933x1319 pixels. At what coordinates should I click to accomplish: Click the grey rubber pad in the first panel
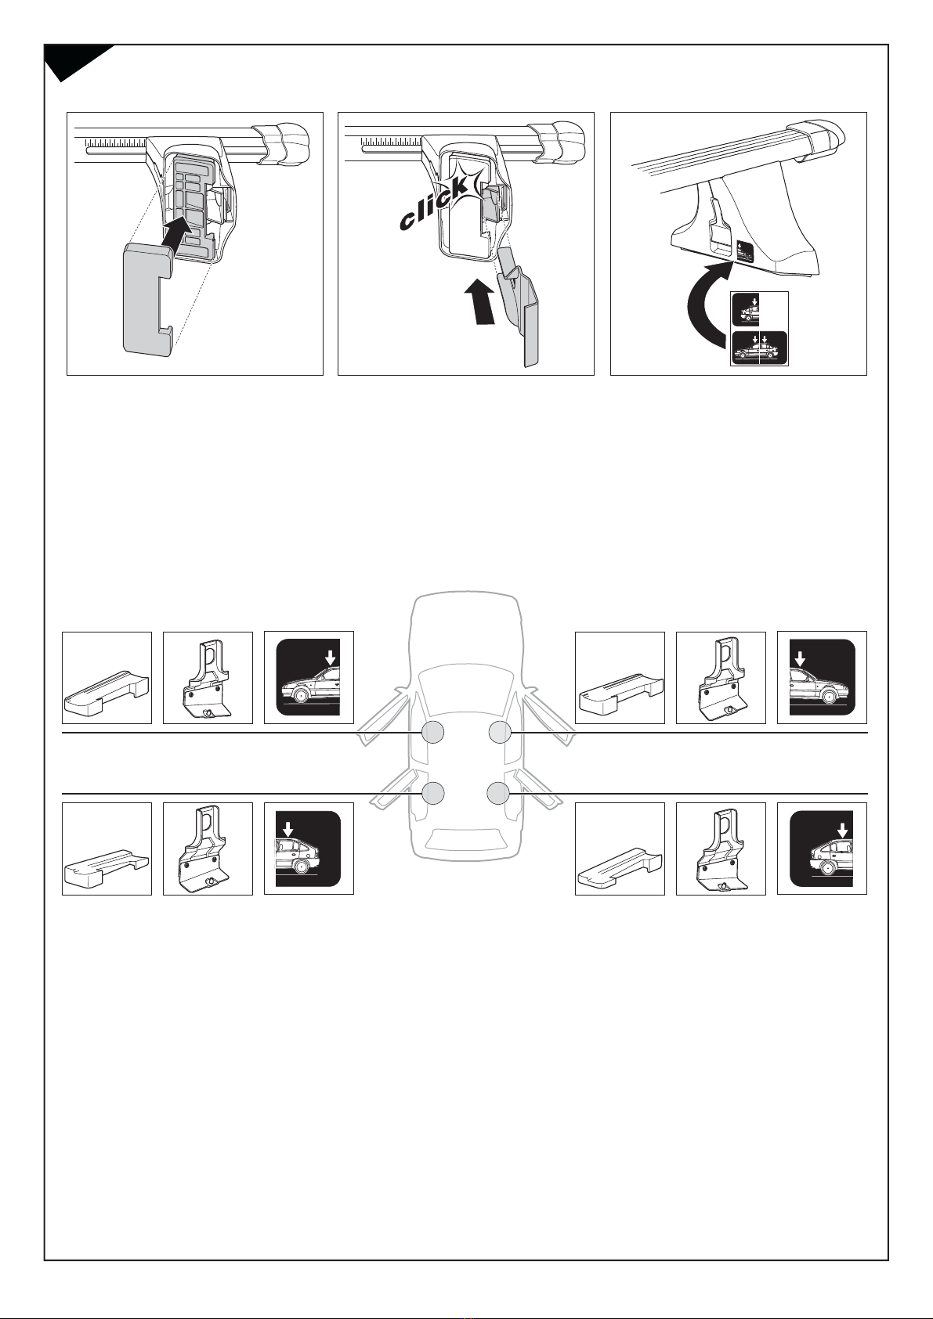coord(149,301)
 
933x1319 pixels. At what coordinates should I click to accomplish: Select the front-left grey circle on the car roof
coord(433,732)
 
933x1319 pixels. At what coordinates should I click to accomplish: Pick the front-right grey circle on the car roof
coord(500,732)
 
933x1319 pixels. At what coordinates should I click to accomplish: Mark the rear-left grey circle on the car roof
coord(433,793)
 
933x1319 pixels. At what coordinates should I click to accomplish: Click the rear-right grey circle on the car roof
coord(498,793)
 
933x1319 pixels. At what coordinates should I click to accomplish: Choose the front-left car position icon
coord(309,677)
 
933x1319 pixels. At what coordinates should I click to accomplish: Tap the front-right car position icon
coord(823,677)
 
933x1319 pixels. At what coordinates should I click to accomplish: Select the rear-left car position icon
coord(308,849)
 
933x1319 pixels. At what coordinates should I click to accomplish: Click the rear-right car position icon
coord(822,849)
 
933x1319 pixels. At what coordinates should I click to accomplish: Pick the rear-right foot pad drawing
coord(620,870)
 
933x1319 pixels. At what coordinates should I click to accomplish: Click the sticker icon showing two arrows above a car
coord(759,348)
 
